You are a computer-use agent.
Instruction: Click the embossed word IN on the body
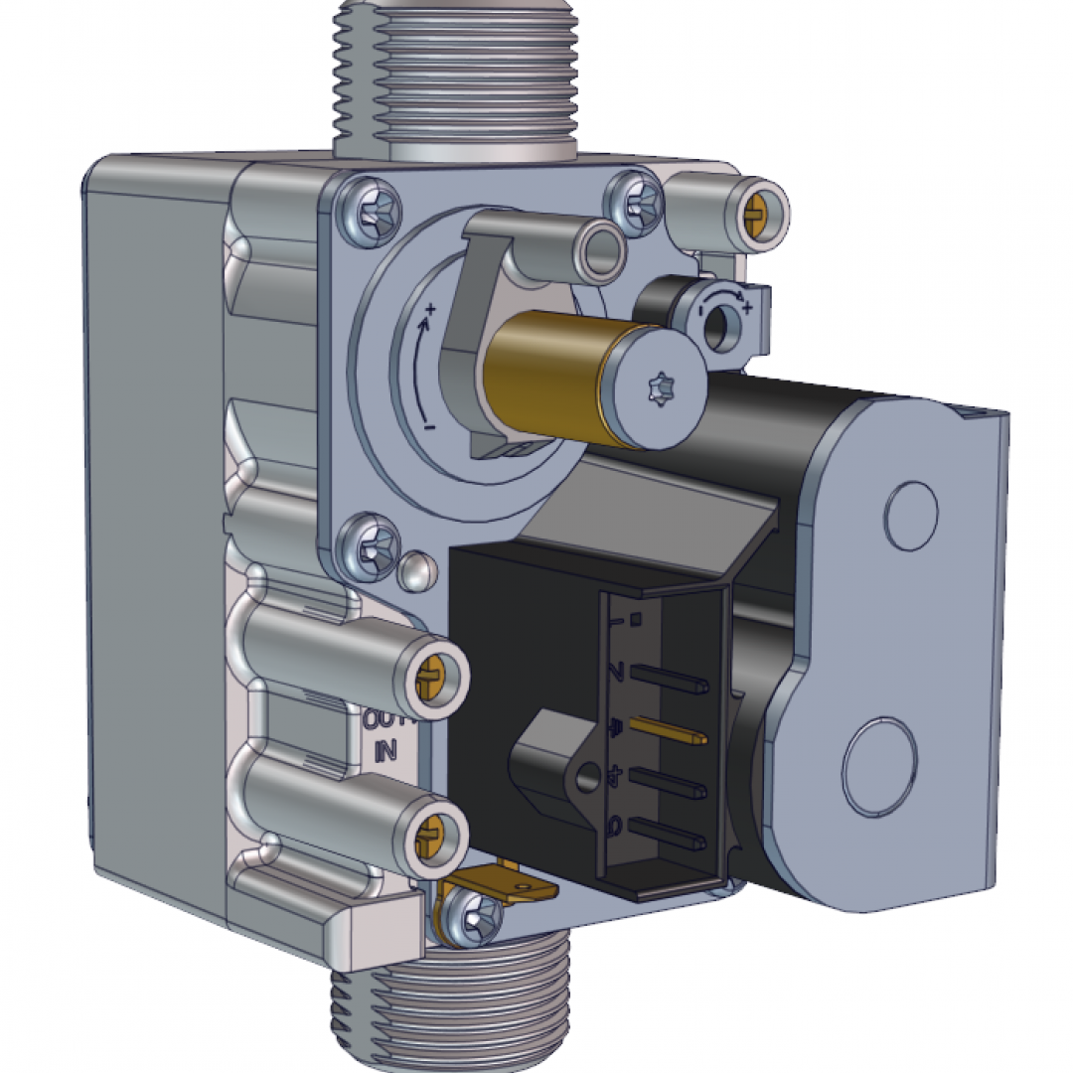(385, 752)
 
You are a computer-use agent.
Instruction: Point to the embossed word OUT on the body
(383, 720)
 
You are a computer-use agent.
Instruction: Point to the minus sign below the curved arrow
(429, 426)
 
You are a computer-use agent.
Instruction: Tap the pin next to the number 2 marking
(666, 679)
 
